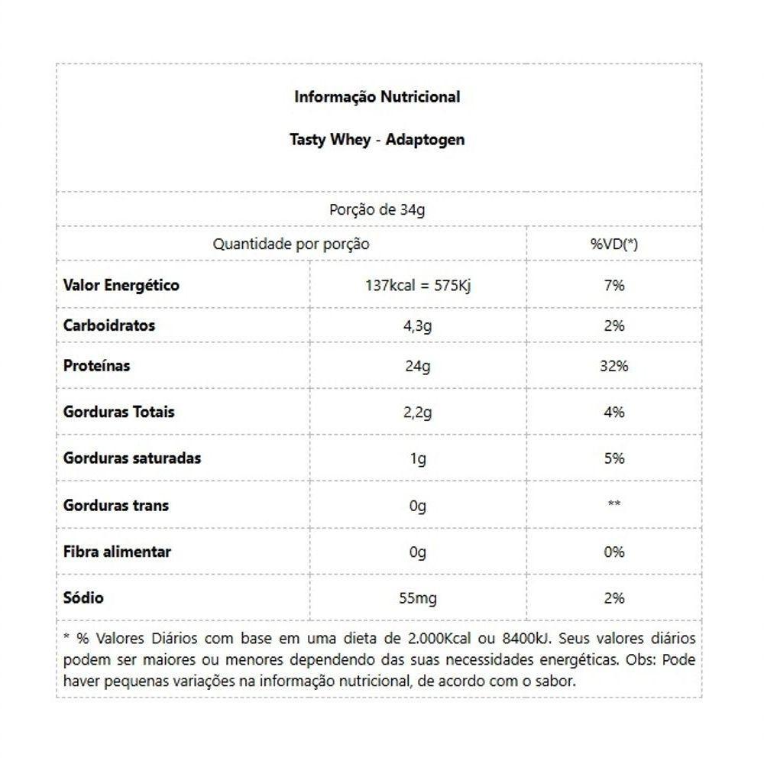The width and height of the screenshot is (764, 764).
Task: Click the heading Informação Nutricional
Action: point(377,97)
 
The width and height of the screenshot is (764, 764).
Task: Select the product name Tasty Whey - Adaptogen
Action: point(377,141)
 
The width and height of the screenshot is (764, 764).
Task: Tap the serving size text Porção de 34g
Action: point(377,210)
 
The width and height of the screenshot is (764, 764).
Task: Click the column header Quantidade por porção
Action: point(290,244)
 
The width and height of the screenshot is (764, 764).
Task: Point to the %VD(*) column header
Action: point(613,244)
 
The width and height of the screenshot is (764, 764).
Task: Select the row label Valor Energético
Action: point(121,285)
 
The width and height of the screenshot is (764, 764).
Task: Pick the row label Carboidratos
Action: point(109,325)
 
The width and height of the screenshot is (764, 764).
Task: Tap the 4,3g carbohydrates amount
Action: point(417,326)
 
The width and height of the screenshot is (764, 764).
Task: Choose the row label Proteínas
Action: point(97,365)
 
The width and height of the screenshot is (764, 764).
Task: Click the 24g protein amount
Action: point(417,366)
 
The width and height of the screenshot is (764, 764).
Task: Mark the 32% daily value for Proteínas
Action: point(613,366)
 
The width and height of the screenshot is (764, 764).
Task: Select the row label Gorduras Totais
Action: point(119,412)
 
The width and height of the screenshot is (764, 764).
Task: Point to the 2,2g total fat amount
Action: point(417,413)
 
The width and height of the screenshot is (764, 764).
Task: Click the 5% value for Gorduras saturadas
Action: point(613,458)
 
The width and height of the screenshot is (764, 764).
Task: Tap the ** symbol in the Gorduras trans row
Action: point(613,505)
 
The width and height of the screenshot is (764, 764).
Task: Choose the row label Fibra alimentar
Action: point(118,552)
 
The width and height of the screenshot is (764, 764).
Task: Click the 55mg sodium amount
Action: point(417,598)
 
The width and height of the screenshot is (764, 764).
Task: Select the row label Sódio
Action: point(83,597)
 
